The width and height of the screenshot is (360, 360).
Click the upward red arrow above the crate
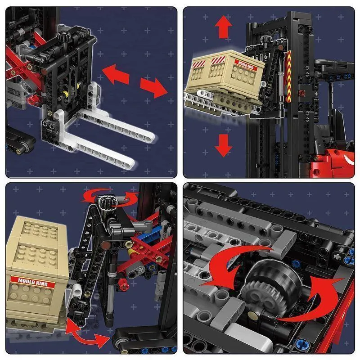pyautogui.click(x=223, y=27)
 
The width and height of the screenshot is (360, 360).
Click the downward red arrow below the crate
pyautogui.click(x=223, y=145)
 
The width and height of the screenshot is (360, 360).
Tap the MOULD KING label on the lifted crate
pyautogui.click(x=246, y=65)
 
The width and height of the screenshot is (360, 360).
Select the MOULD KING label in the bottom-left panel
pyautogui.click(x=32, y=282)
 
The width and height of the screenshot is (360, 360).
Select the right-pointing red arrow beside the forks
pyautogui.click(x=154, y=87)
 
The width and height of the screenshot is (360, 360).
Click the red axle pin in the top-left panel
pyautogui.click(x=34, y=99)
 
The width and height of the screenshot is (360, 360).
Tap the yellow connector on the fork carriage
pyautogui.click(x=65, y=94)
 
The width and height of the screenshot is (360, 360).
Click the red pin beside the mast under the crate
pyautogui.click(x=301, y=93)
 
